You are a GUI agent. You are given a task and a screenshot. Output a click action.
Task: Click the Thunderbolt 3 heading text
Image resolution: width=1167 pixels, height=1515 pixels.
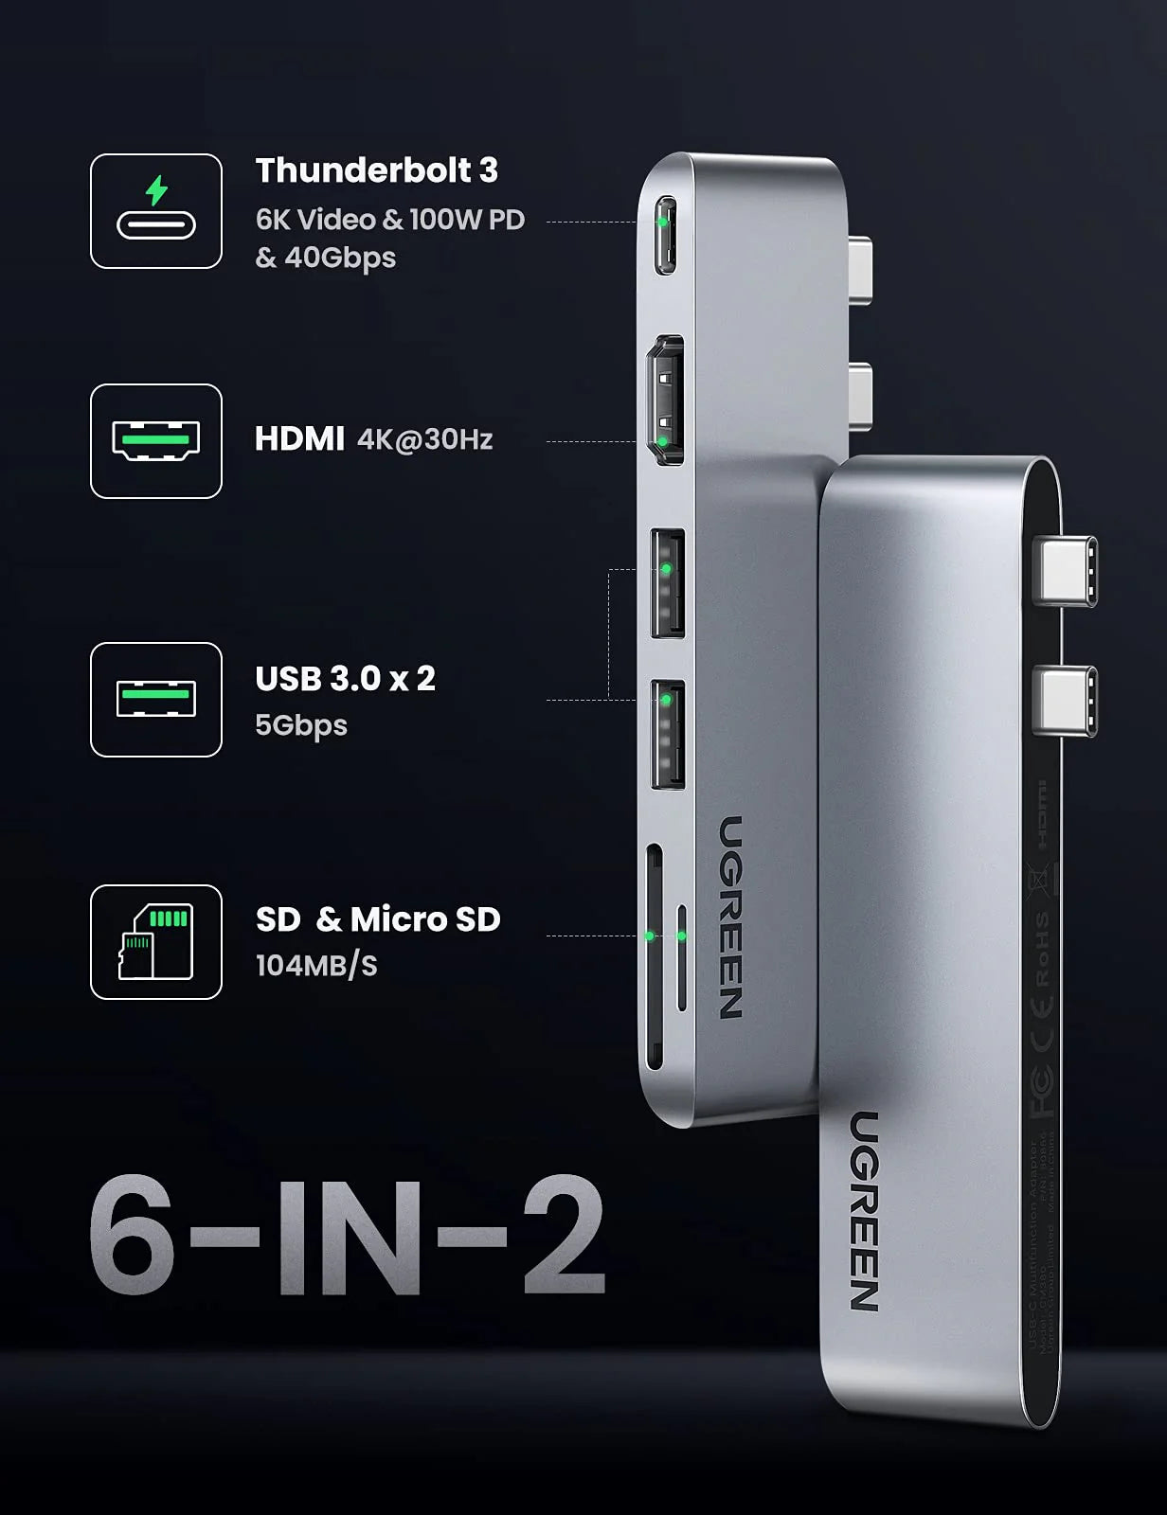(376, 170)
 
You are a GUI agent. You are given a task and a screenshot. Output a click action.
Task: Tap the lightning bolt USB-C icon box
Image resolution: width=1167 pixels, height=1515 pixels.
(156, 211)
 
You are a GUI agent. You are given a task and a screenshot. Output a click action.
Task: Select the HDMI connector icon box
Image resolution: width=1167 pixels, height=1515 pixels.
(156, 441)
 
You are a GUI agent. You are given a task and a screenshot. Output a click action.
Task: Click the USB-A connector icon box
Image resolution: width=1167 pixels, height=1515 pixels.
(156, 700)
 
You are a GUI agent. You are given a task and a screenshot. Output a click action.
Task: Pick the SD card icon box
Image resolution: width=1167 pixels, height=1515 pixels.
(156, 942)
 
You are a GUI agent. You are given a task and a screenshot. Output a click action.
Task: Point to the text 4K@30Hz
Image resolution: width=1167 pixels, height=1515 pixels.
(425, 439)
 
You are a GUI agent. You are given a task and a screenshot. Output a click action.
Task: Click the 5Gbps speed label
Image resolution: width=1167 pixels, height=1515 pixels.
(301, 725)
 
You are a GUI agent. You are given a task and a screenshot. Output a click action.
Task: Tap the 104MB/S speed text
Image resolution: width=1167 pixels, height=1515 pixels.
(316, 966)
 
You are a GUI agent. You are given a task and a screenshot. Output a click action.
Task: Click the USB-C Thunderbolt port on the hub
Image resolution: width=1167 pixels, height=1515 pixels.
(665, 235)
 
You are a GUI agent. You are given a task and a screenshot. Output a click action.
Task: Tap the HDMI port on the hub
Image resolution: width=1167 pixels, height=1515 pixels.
(665, 400)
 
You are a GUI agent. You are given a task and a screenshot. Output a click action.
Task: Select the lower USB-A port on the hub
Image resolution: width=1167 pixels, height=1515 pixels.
(667, 734)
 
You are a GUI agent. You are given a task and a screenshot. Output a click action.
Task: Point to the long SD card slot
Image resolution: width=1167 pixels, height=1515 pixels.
(653, 956)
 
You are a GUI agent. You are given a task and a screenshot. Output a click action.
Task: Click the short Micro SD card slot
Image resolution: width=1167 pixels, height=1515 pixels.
(681, 956)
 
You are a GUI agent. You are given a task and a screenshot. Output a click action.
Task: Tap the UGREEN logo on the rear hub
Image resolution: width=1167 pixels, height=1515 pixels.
(730, 917)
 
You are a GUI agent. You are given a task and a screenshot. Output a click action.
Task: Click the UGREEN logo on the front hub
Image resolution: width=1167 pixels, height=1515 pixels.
(864, 1211)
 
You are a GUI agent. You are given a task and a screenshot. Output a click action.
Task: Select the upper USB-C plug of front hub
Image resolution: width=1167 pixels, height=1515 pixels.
(1065, 570)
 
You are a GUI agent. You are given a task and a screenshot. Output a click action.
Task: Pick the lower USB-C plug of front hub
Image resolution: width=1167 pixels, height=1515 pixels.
(1065, 700)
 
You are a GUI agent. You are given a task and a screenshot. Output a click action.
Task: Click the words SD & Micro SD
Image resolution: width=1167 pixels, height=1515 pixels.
(378, 919)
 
